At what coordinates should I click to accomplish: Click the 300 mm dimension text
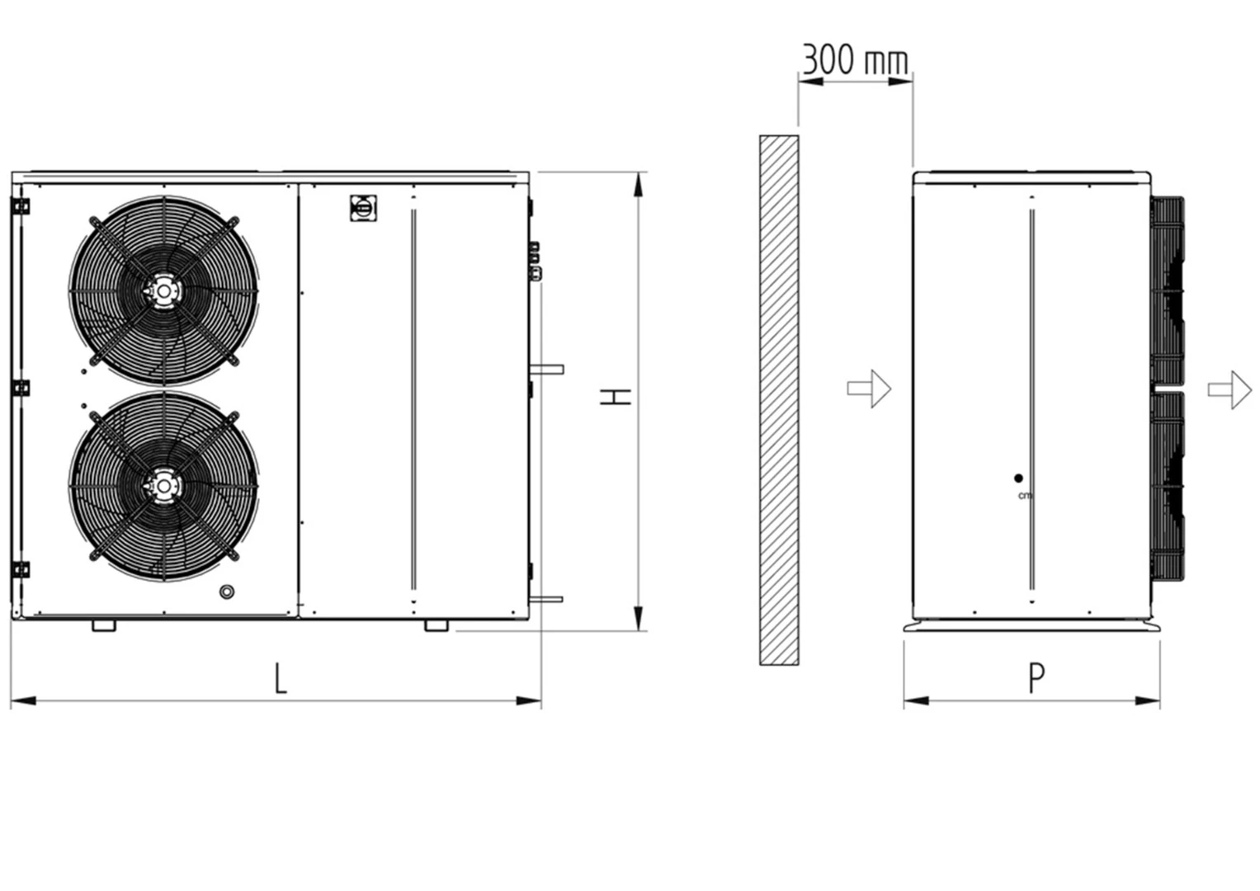855,59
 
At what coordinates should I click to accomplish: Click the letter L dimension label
280,678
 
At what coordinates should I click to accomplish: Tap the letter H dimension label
615,397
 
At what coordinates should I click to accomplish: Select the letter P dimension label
1036,678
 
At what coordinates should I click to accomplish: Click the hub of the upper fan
163,290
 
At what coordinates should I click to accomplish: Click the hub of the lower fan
163,486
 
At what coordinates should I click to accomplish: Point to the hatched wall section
779,400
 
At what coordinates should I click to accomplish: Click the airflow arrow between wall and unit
869,389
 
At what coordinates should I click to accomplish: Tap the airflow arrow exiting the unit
1229,389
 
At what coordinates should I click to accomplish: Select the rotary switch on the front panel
363,208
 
